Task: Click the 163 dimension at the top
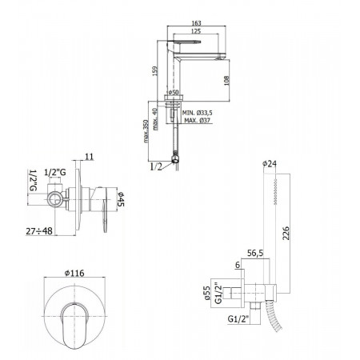(196, 23)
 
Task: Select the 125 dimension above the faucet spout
(196, 31)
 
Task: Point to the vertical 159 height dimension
(154, 70)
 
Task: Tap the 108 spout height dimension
(226, 81)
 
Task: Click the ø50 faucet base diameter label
(173, 93)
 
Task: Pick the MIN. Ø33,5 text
(198, 113)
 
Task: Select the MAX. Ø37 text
(198, 120)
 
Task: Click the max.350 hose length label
(146, 131)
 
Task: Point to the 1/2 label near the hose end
(156, 167)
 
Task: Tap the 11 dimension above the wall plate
(90, 157)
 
